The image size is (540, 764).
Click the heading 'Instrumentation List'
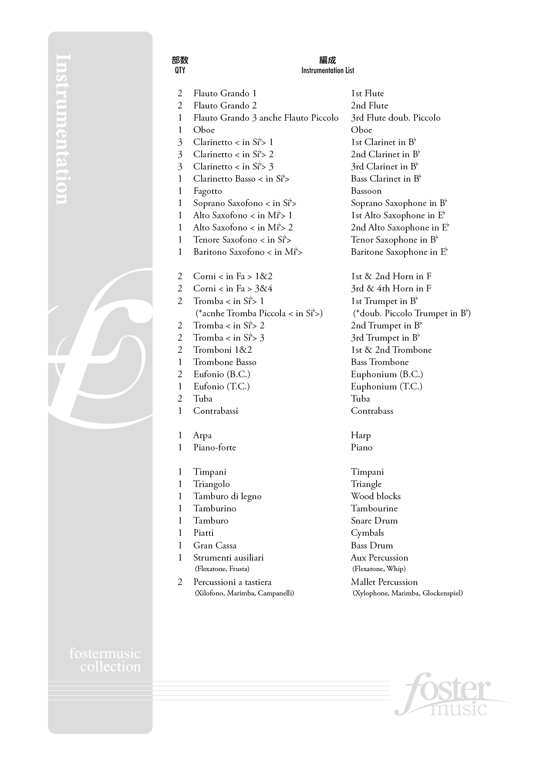[327, 70]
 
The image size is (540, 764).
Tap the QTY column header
[180, 70]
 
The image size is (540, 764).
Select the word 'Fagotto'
[207, 191]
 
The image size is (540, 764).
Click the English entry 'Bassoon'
[366, 191]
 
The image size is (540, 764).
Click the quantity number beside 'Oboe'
[180, 130]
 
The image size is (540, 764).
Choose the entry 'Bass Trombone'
[379, 362]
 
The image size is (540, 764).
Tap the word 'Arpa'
[202, 435]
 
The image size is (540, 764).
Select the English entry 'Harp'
[361, 435]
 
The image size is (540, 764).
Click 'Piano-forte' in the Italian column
[215, 447]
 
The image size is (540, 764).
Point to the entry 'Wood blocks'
[375, 496]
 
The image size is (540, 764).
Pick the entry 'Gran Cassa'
[215, 545]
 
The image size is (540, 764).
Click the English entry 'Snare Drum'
[374, 521]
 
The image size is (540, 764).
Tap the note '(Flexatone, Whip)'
[379, 568]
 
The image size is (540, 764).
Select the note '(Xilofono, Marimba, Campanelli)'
[244, 593]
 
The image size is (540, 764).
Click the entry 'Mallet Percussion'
[384, 582]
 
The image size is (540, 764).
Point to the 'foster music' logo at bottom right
[444, 695]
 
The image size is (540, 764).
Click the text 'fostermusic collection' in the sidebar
[105, 660]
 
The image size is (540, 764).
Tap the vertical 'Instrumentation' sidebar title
[64, 129]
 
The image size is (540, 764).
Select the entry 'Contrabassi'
[216, 411]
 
